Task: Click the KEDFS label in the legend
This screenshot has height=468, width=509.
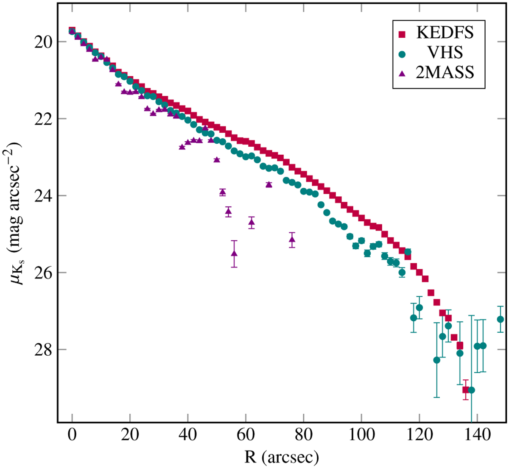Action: tap(445, 32)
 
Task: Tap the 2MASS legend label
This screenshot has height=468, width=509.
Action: tap(445, 72)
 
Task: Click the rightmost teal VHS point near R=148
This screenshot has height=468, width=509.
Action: tap(500, 319)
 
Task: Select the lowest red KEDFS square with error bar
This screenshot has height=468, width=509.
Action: tap(465, 390)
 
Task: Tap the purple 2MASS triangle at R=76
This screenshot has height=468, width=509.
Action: tap(292, 240)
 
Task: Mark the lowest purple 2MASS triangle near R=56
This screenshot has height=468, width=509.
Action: tap(234, 253)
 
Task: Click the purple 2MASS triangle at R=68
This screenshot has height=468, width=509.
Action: tap(269, 184)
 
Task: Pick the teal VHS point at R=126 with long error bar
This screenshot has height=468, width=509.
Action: tap(436, 360)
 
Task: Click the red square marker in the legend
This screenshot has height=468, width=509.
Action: tap(403, 33)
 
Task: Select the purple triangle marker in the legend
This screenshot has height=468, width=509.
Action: tap(403, 73)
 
